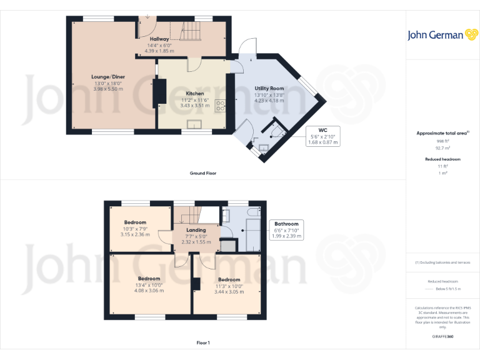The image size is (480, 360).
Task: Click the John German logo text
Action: [436, 35]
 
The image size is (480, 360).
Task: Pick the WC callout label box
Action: [323, 136]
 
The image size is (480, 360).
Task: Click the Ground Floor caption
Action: [203, 172]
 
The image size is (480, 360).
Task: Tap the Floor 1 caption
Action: [203, 342]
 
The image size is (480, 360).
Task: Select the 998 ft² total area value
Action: [442, 141]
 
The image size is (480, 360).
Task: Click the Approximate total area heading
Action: [442, 133]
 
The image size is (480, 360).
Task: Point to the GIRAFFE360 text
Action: [442, 337]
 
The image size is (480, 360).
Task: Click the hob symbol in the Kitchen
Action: [220, 106]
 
